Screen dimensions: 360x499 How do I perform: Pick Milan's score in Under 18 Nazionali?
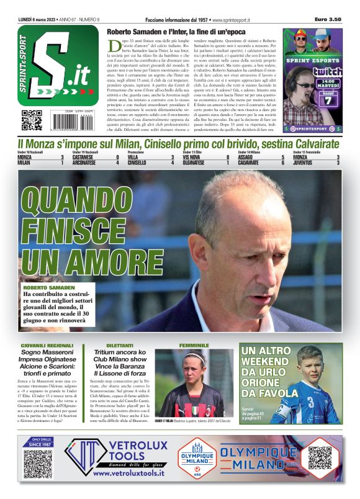[x=61, y=163]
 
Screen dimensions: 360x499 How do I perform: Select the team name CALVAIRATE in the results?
[x=248, y=163]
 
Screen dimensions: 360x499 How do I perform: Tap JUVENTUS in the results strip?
[x=304, y=163]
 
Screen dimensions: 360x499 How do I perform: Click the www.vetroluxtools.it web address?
[x=128, y=472]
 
